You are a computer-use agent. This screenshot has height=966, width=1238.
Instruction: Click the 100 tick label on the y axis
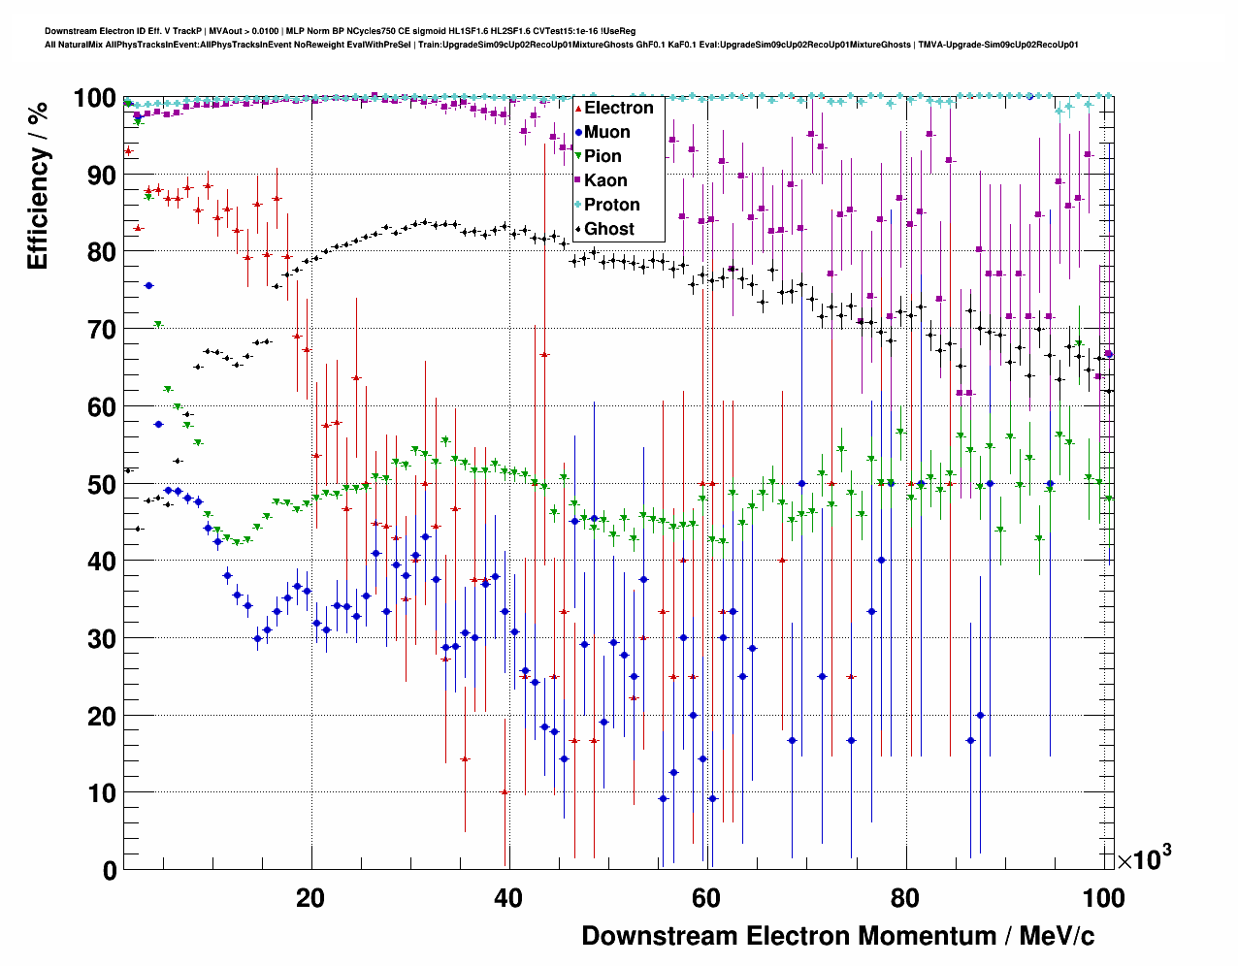tap(95, 98)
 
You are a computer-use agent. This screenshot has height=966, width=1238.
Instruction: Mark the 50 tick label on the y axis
tap(102, 484)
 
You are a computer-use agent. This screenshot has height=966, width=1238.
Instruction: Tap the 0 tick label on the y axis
tap(110, 870)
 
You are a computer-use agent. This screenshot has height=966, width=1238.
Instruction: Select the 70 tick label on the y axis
tap(102, 330)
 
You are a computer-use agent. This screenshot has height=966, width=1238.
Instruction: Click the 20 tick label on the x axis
tap(310, 898)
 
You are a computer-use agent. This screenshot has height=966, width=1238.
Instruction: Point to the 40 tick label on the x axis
tap(508, 898)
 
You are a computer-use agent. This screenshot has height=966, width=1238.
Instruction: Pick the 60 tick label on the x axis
tap(706, 898)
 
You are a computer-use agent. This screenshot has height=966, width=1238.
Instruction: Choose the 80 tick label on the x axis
tap(904, 898)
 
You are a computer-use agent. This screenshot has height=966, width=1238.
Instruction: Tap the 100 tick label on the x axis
tap(1102, 898)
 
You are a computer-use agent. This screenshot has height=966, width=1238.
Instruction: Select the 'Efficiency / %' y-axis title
tap(38, 184)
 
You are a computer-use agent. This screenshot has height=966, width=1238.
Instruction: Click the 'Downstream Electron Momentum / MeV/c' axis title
tap(837, 936)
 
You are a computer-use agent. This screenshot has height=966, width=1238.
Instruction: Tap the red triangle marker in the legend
tap(578, 108)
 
